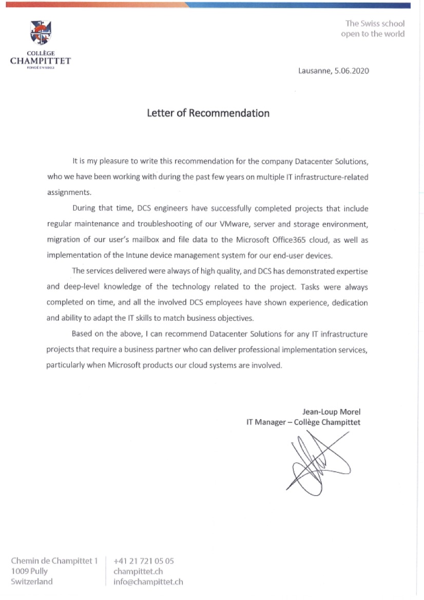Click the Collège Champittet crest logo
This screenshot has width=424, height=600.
(41, 33)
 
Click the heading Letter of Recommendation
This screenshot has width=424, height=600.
(208, 113)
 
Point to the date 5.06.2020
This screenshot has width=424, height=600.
(352, 71)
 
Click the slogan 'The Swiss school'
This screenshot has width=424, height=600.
(375, 23)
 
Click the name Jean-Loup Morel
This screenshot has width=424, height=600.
(332, 412)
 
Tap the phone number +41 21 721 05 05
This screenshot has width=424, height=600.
(144, 561)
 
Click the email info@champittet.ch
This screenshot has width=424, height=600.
(148, 582)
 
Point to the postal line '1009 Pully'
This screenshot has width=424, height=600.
(29, 571)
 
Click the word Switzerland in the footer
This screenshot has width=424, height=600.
(32, 582)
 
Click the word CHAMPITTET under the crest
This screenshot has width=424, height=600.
(41, 61)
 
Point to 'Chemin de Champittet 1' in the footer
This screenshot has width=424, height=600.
(54, 561)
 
